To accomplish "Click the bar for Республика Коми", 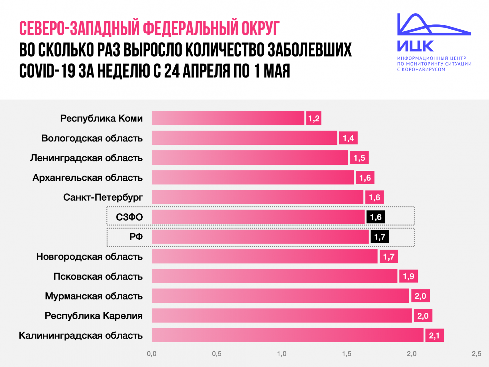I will tap(228, 118).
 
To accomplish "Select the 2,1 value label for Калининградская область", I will tap(434, 335).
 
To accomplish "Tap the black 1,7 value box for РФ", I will tap(379, 237).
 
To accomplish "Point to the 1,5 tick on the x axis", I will tap(347, 354).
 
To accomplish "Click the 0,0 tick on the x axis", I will tap(152, 354).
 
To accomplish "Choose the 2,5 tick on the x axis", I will tap(476, 354).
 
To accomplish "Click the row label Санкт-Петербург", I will tap(103, 197).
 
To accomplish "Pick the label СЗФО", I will tap(129, 217).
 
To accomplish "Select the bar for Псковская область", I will tap(275, 276).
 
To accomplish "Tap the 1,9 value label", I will tap(408, 276).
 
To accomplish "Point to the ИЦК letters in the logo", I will tap(415, 46).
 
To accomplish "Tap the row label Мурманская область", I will tap(94, 296).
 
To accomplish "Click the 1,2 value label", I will tap(314, 118).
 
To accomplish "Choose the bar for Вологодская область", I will tap(244, 138).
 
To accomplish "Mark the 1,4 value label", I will tap(348, 138).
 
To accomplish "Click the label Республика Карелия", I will tap(94, 316).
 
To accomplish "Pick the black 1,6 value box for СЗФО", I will tap(376, 217).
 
